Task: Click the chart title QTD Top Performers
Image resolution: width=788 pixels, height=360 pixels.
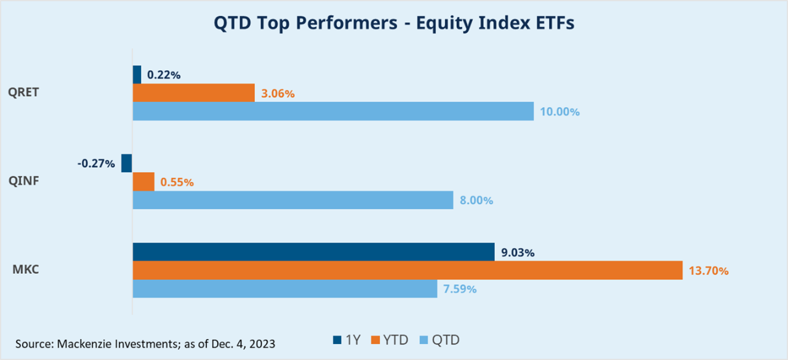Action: [x=394, y=24]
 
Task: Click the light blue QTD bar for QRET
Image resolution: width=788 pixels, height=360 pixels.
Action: [x=333, y=111]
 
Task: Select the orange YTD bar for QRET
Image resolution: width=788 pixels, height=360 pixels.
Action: [x=193, y=93]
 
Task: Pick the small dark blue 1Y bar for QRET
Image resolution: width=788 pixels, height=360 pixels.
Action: [x=137, y=74]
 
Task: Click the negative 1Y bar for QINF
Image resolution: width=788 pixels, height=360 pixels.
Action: [x=126, y=163]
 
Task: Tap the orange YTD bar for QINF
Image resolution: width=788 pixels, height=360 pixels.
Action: [x=143, y=182]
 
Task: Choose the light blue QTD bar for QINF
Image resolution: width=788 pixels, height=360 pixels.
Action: [x=293, y=200]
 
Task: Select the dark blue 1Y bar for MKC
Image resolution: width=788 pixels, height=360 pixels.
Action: [x=313, y=252]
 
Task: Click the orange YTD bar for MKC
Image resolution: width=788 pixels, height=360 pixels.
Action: [x=408, y=270]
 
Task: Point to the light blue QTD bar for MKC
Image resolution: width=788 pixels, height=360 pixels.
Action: [x=285, y=289]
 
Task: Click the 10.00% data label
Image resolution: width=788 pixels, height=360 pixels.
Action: [x=560, y=112]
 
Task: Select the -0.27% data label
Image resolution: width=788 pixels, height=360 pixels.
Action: [x=96, y=164]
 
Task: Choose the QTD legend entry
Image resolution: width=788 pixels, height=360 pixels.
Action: [x=440, y=340]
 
